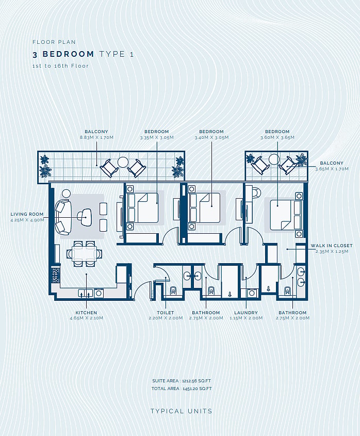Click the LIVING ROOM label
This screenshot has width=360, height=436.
pos(27,214)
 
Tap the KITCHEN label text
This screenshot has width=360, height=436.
pos(86,313)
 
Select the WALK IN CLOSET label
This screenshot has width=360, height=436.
pos(332,246)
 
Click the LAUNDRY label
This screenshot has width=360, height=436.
pos(246,313)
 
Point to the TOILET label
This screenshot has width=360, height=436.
pos(166,313)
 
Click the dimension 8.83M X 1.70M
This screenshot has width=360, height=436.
pos(96,137)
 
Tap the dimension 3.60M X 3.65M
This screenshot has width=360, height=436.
pos(277,137)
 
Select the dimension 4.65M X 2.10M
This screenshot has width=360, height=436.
pos(86,318)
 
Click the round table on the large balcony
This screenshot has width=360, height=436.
pos(123,162)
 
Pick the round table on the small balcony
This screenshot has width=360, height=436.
pos(274,159)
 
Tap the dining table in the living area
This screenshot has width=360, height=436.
pos(84,253)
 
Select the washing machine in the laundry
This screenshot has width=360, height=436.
pos(252,293)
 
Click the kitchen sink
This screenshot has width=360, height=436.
pos(85,293)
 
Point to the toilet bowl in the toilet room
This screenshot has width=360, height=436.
pos(173,290)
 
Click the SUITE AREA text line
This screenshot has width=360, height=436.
pos(182,381)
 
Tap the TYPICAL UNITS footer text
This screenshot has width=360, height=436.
pos(181,411)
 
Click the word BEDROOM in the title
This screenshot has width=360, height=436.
pos(69,54)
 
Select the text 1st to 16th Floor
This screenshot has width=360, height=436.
pos(60,66)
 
